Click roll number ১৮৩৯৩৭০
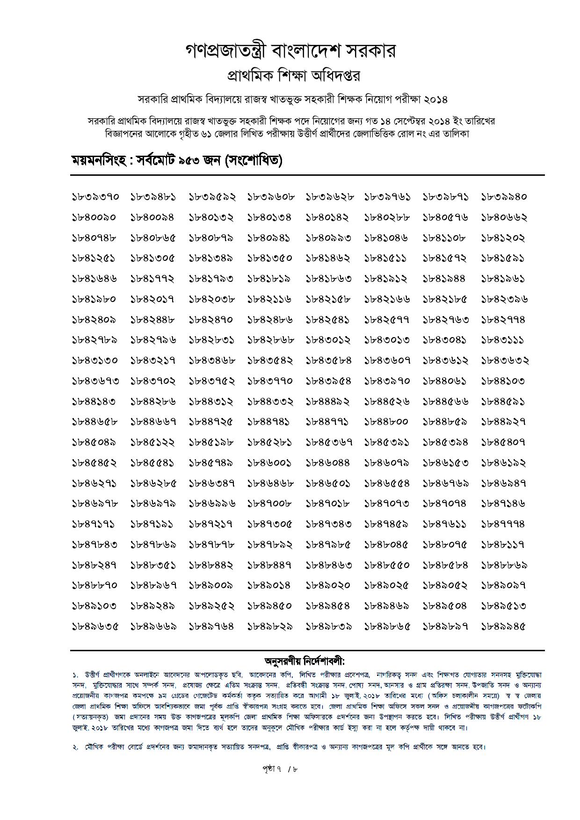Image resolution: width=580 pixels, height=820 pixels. [x=95, y=197]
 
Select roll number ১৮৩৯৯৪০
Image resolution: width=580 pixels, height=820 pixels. [x=504, y=197]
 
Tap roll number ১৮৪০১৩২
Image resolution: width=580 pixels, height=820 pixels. [x=211, y=217]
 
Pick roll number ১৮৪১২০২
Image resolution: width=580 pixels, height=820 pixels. [x=503, y=238]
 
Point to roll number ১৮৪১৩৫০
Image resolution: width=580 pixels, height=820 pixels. [x=270, y=258]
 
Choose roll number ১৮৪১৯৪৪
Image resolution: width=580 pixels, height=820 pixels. [x=444, y=279]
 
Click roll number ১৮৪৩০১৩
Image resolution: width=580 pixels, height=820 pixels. [x=387, y=340]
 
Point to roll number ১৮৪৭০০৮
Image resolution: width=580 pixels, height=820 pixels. [x=270, y=504]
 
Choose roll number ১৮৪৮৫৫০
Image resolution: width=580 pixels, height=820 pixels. [x=387, y=565]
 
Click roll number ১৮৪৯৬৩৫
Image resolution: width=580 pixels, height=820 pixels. [x=95, y=626]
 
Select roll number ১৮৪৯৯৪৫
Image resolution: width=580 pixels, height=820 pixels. [x=504, y=626]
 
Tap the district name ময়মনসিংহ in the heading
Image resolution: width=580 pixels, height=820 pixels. [x=98, y=161]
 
